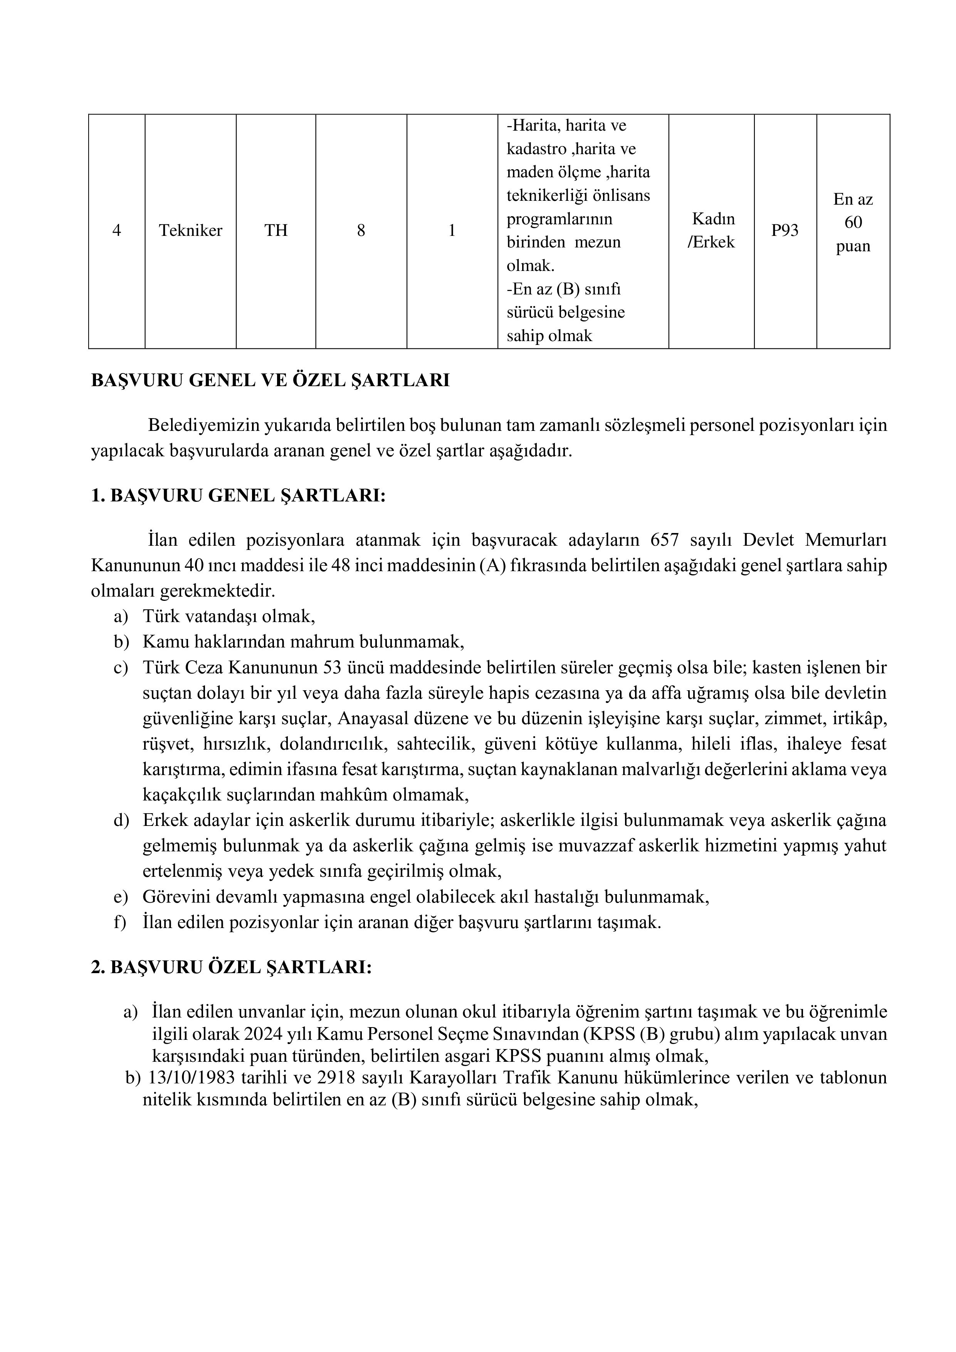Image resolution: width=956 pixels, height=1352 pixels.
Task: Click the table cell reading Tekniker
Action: [x=190, y=230]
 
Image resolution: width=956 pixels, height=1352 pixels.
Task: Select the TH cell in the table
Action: [x=276, y=230]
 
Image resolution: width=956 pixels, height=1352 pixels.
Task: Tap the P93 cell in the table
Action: [x=785, y=230]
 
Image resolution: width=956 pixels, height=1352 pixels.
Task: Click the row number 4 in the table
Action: [x=116, y=230]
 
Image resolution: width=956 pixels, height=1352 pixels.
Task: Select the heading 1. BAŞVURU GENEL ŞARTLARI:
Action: [x=239, y=496]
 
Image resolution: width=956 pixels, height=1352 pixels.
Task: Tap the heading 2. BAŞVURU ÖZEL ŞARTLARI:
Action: [x=231, y=967]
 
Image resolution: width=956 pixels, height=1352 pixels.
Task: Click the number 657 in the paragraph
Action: [x=665, y=540]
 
